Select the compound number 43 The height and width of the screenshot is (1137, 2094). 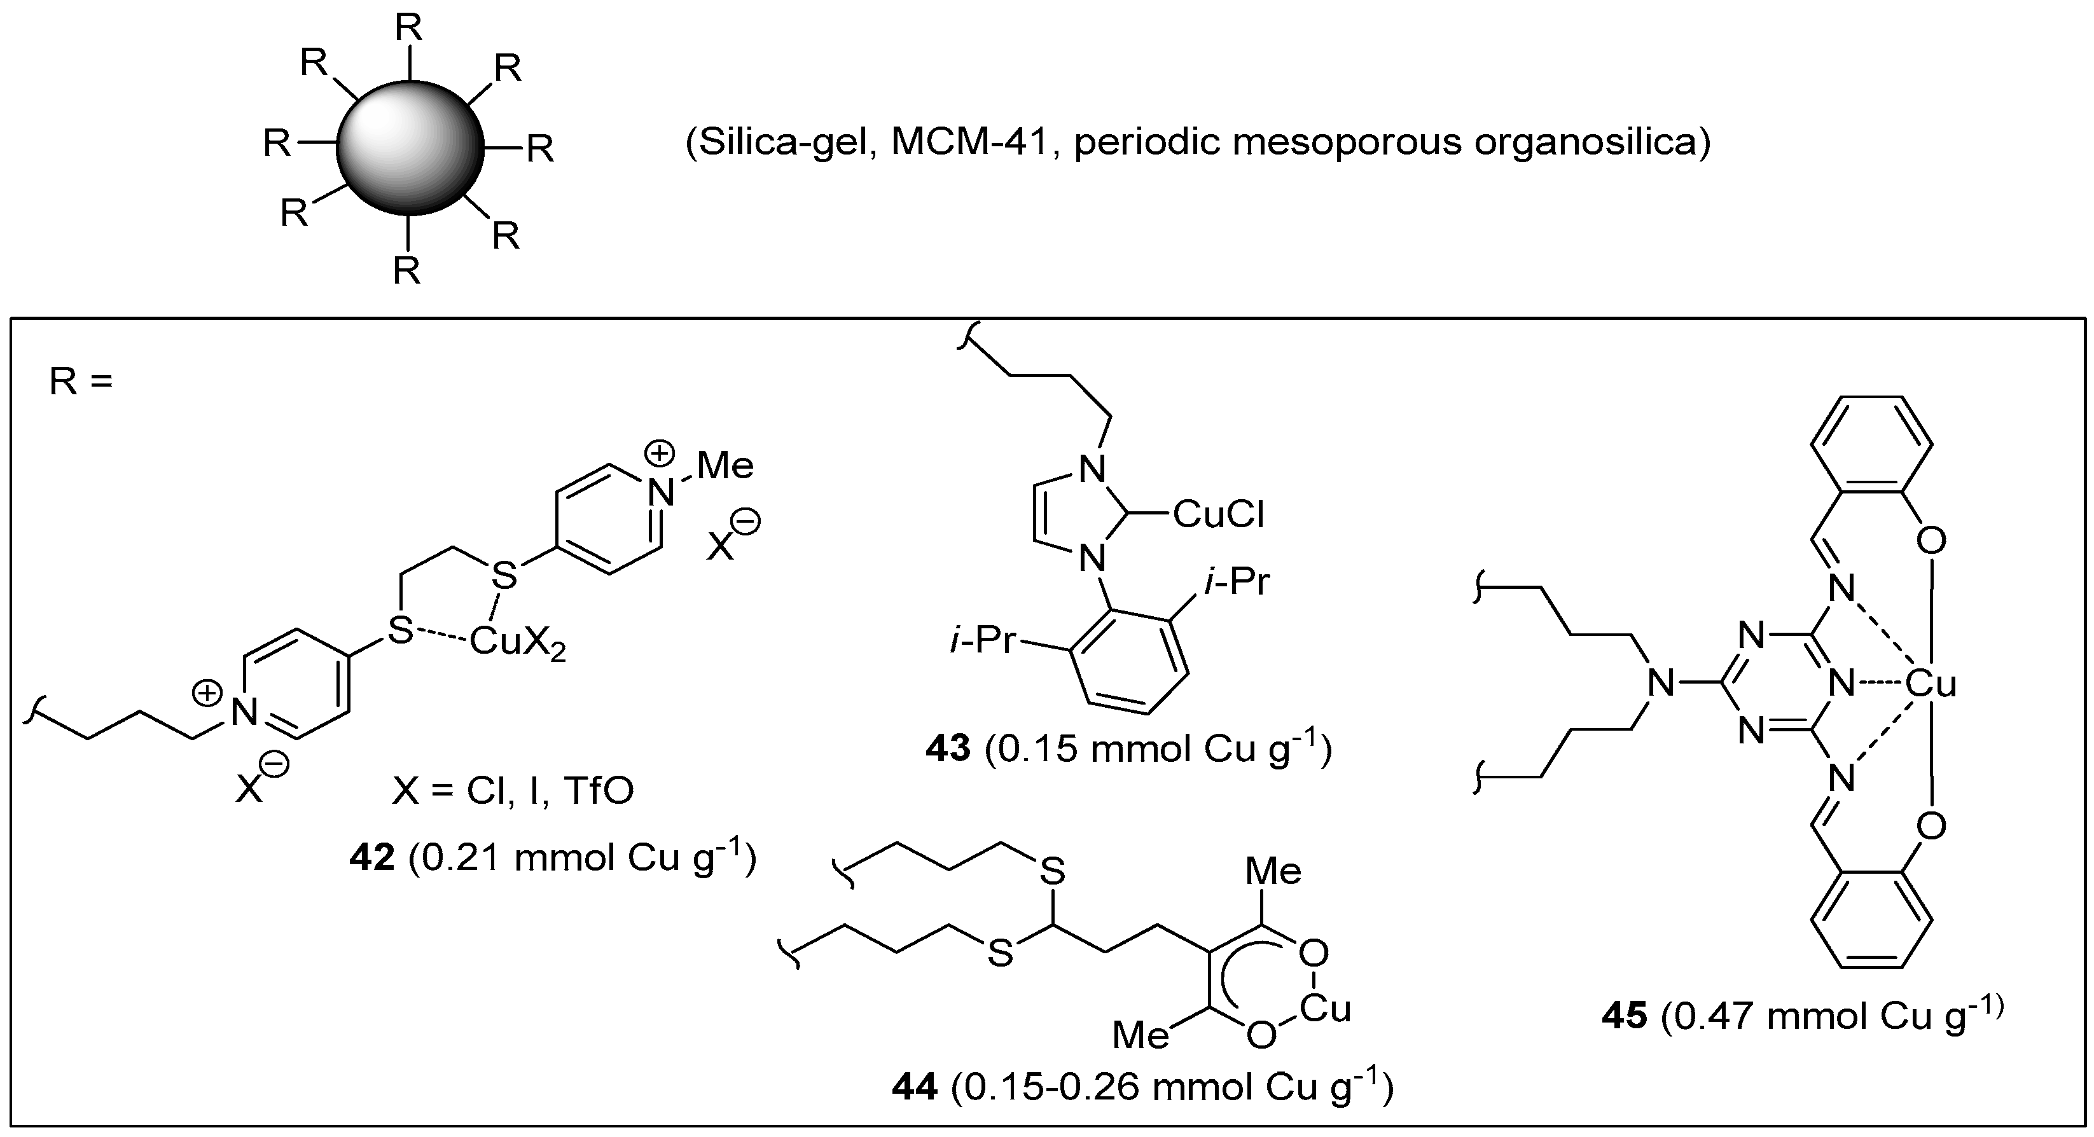coord(948,748)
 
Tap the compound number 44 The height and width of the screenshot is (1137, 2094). coord(915,1087)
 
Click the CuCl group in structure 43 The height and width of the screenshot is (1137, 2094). coord(1219,514)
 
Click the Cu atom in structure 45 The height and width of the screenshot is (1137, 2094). coord(1930,684)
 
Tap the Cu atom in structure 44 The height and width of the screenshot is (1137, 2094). coord(1324,1009)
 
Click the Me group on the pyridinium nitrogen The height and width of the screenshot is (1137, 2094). coord(725,465)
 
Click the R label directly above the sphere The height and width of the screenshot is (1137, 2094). coord(408,29)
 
